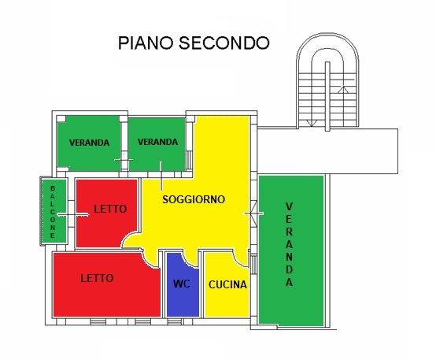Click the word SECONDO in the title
click(224, 43)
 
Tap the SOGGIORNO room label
click(194, 199)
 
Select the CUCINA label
click(227, 284)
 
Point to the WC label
click(182, 284)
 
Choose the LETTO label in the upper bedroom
click(110, 209)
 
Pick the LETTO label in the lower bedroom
click(97, 278)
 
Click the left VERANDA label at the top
click(89, 143)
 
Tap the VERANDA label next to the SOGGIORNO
click(157, 142)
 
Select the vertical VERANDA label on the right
click(289, 244)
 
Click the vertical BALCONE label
click(53, 212)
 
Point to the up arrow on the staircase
click(344, 90)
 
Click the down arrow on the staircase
click(312, 123)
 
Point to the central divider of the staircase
click(327, 96)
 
